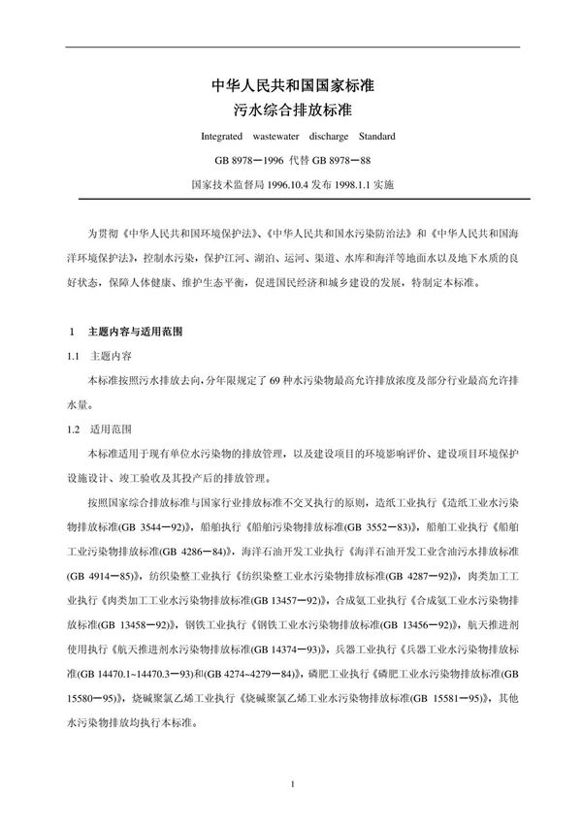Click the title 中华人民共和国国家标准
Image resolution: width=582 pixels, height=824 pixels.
point(292,85)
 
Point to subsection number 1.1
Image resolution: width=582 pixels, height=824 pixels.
point(74,356)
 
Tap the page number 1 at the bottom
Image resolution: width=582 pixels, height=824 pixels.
point(292,782)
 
